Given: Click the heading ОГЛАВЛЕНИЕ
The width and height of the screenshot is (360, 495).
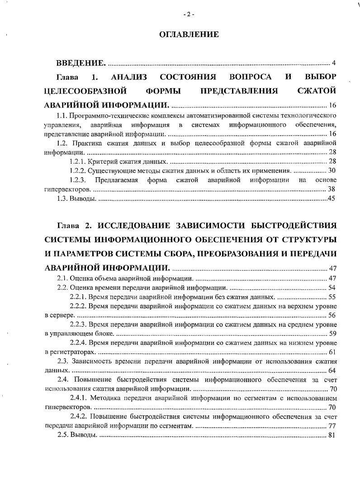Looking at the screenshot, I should coord(189,34).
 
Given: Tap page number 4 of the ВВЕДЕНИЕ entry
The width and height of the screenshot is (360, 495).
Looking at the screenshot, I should coord(333,63).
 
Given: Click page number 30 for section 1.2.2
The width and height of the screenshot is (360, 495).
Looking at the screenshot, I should coord(332,170).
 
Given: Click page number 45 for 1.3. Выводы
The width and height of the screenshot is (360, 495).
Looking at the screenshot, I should coord(331,199).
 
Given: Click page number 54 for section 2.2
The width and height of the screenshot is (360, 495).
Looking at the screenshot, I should coord(332,288).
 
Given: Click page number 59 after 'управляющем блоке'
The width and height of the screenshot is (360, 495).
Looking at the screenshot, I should coord(332,334).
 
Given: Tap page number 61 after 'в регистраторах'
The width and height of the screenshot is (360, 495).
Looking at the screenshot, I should coord(332,352).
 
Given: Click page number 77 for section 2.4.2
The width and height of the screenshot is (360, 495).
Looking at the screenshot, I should coord(332,426).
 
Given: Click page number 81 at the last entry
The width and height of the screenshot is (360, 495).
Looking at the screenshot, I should coord(332,435).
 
